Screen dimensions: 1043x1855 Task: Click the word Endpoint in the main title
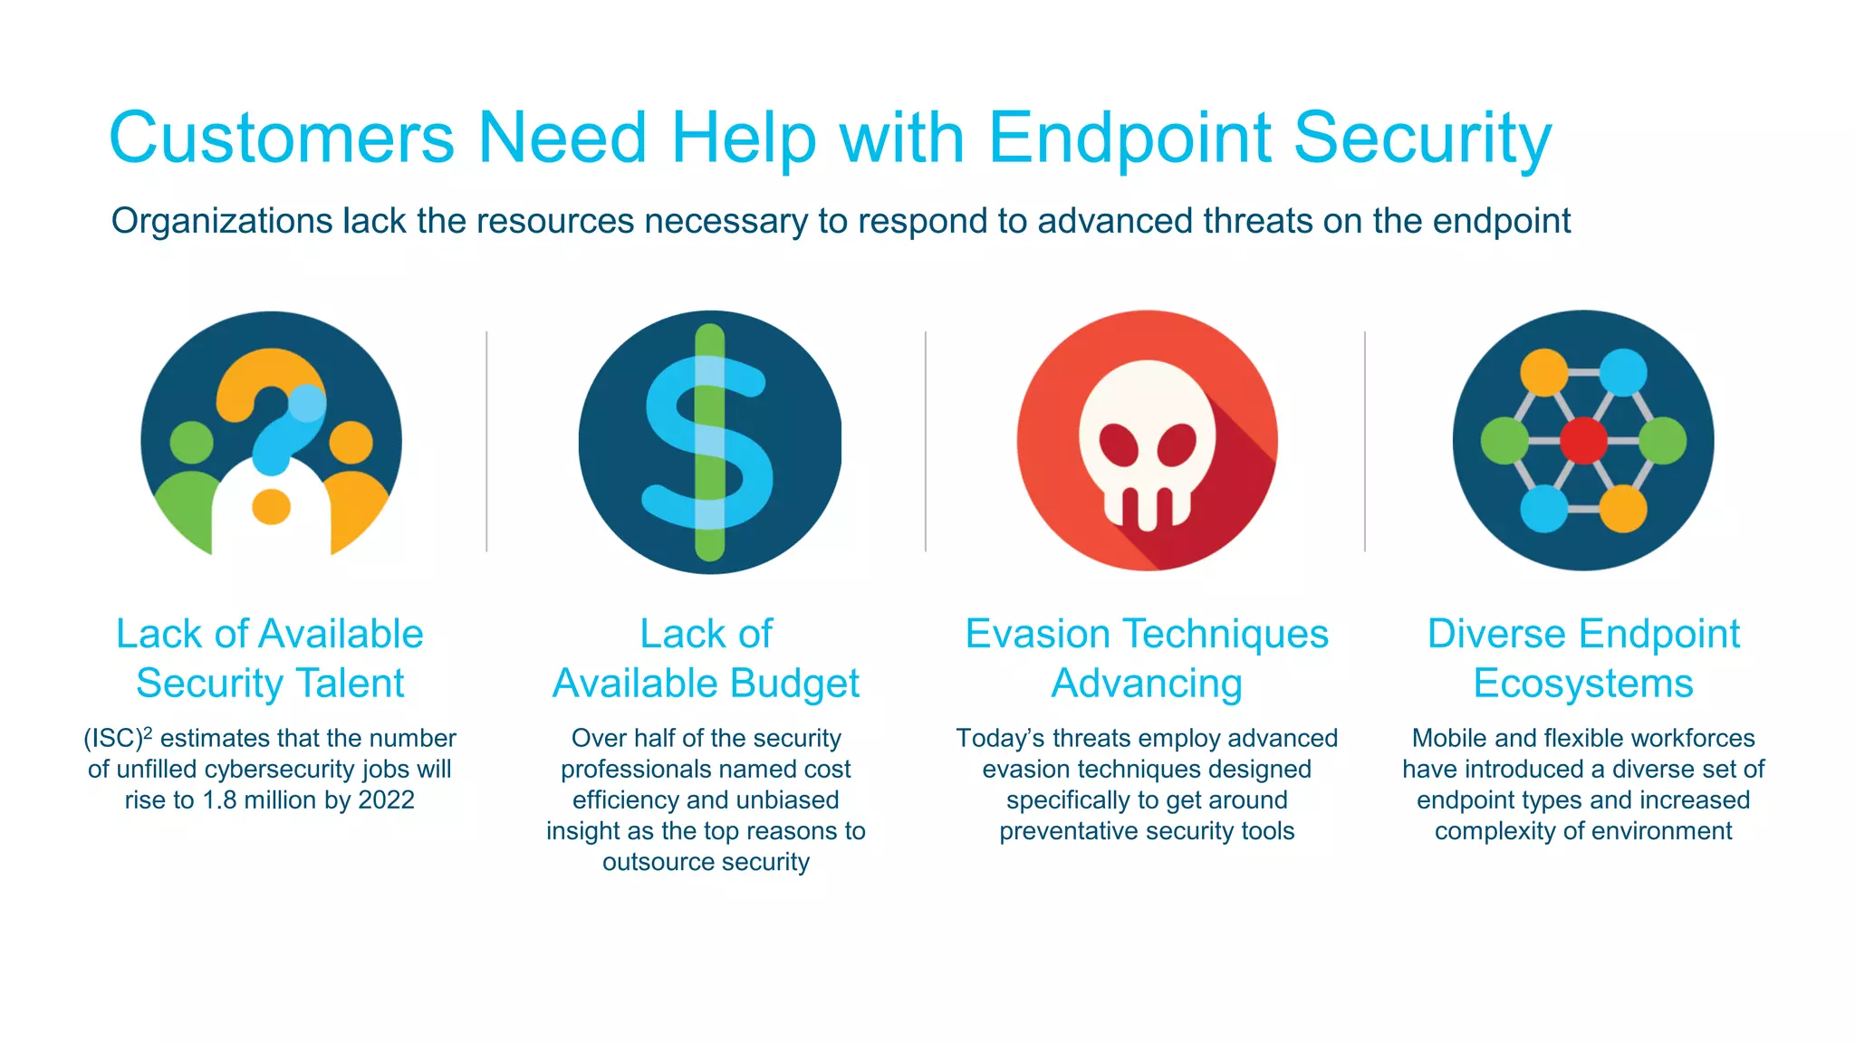coord(1129,139)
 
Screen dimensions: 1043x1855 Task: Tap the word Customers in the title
coord(281,139)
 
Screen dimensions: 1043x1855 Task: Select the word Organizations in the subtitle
coord(222,221)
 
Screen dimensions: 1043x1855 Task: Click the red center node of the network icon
coord(1583,441)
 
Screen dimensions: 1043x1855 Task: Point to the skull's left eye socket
coord(1119,444)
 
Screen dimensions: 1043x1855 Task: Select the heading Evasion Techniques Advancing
coord(1147,658)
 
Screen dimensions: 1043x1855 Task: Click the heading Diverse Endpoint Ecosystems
coord(1583,658)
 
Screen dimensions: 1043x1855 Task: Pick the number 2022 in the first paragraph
coord(386,800)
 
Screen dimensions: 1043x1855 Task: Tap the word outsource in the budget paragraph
coord(658,862)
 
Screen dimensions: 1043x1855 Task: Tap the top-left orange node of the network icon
coord(1543,372)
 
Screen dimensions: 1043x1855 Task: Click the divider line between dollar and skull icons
coord(925,441)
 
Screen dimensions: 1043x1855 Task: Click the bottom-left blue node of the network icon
coord(1543,509)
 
